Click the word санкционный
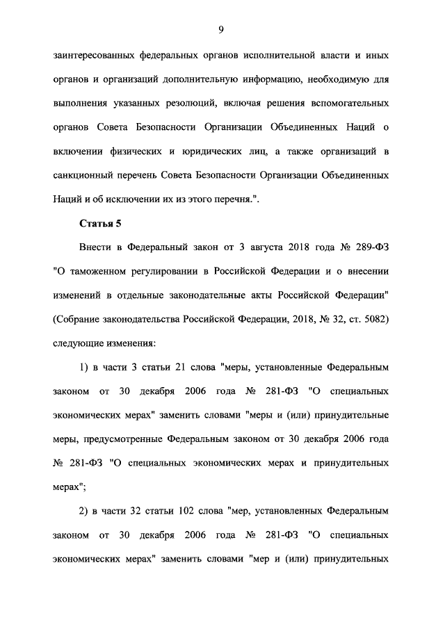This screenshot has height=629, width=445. pyautogui.click(x=84, y=175)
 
